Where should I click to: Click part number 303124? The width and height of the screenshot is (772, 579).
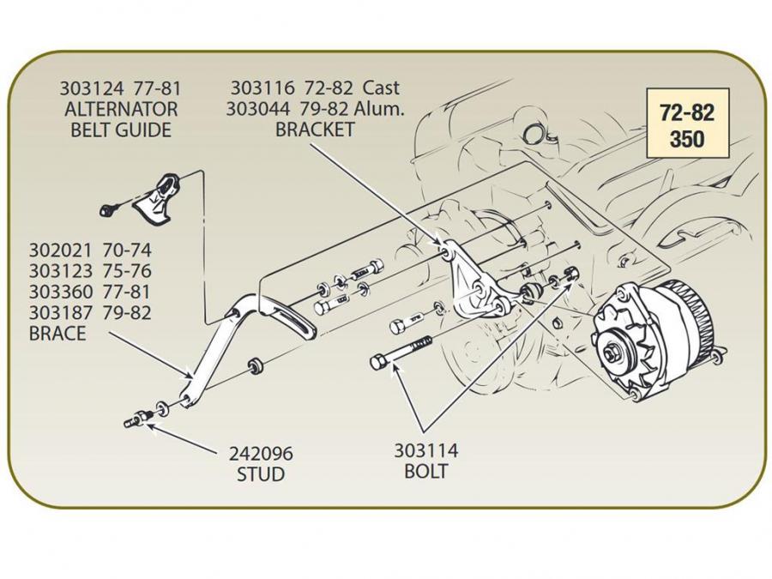88,88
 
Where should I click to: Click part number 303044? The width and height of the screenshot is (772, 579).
259,109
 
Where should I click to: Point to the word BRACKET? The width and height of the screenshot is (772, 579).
314,130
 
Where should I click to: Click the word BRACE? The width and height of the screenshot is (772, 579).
57,334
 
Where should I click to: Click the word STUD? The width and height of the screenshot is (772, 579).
260,474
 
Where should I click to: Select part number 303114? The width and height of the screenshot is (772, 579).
425,451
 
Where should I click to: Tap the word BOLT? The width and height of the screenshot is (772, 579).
425,472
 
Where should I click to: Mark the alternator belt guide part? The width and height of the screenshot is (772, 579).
159,199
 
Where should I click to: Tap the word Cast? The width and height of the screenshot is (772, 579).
382,87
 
